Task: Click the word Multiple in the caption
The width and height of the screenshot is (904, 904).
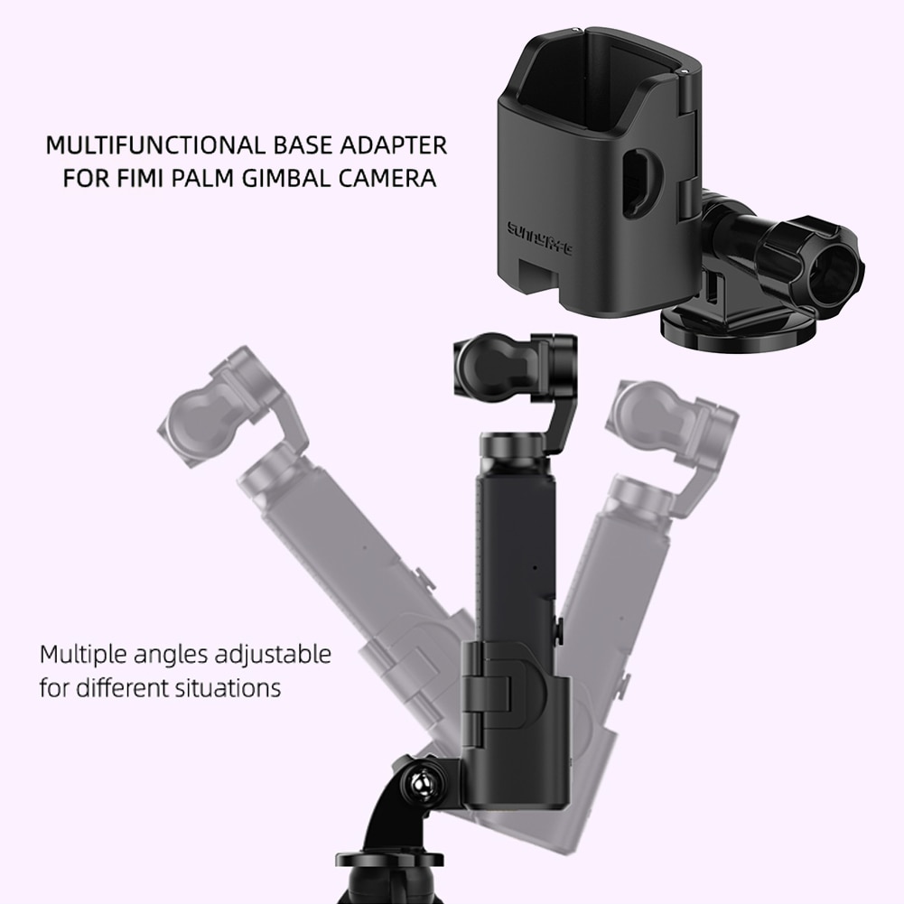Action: (82, 654)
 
